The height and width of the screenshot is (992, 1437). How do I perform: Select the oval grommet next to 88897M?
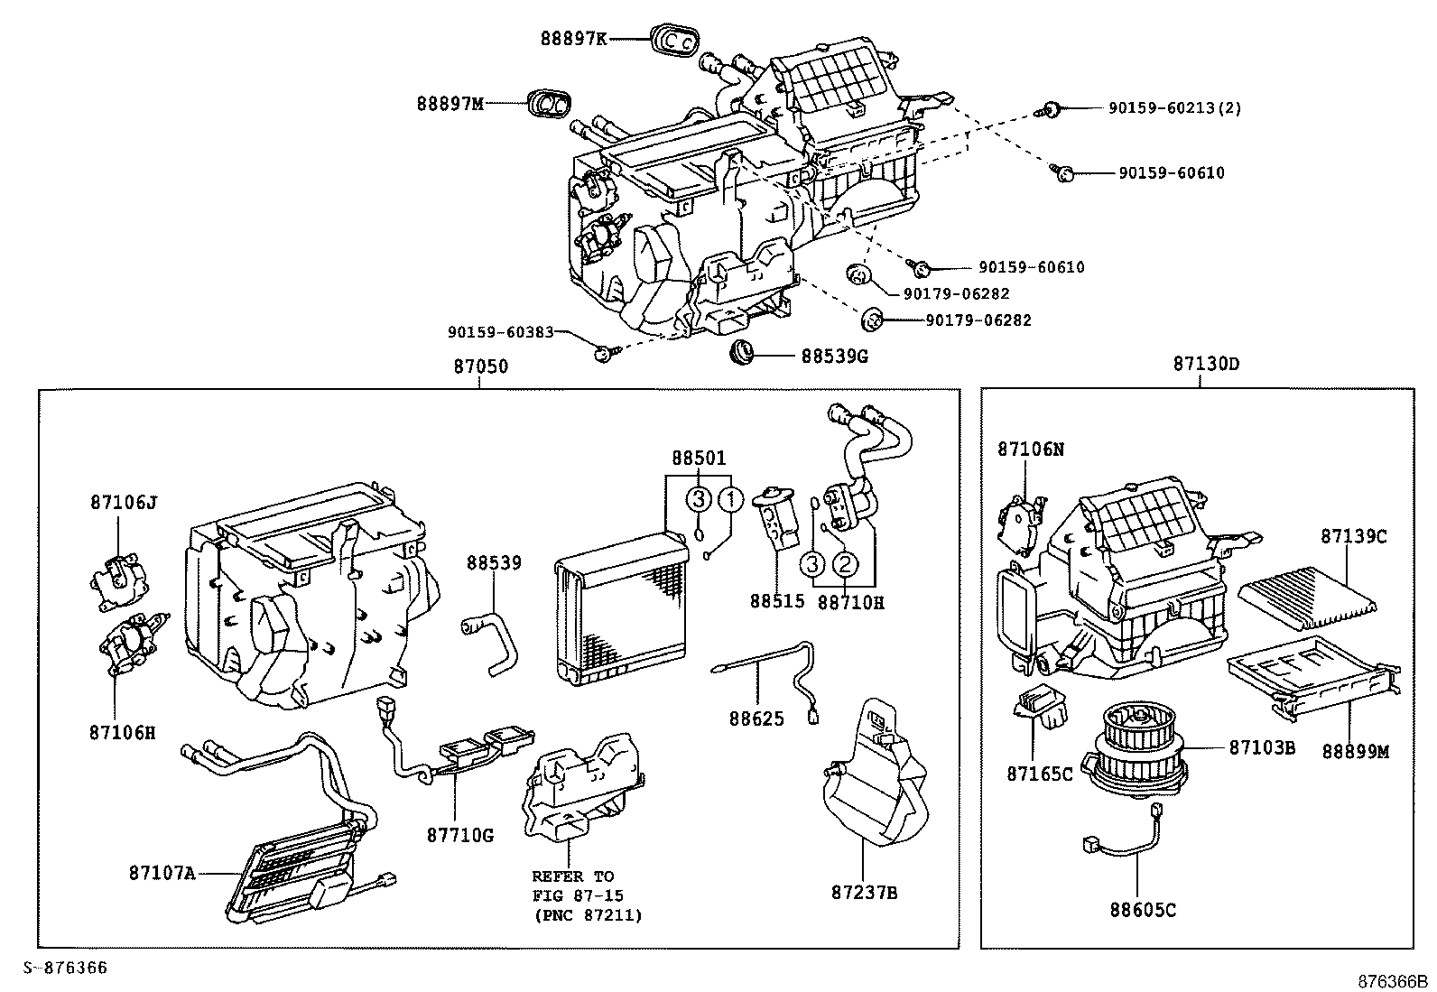click(547, 104)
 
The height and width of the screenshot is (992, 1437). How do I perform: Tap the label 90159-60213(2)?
click(1174, 107)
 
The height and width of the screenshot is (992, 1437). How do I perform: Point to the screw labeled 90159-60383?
click(603, 353)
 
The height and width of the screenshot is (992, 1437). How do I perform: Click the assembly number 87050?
click(480, 366)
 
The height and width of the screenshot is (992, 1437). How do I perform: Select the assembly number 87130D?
click(1206, 364)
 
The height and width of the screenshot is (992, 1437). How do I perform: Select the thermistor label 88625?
click(756, 719)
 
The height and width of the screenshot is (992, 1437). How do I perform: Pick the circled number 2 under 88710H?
click(843, 564)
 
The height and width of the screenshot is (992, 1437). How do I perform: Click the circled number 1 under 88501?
click(731, 498)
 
